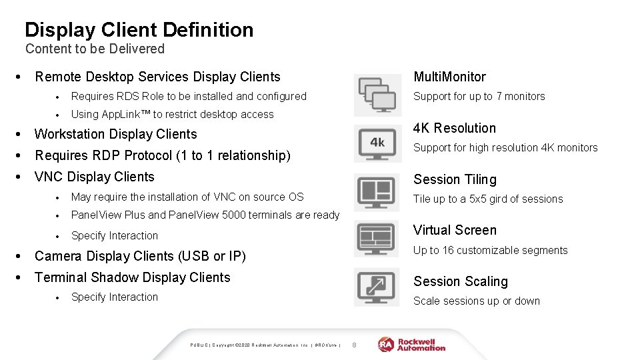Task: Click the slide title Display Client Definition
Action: tap(139, 30)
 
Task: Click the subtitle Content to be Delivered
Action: tap(95, 49)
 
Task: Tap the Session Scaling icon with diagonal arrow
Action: tap(377, 286)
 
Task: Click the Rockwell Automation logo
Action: tap(412, 344)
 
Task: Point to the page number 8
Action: tap(355, 344)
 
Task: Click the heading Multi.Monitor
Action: tap(449, 77)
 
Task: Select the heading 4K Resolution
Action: tap(455, 128)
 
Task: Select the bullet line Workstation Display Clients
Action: tap(115, 134)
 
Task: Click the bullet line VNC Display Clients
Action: tap(94, 177)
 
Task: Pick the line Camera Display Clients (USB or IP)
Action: tap(140, 256)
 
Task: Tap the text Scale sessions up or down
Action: tap(476, 301)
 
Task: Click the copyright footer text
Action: tap(265, 345)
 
